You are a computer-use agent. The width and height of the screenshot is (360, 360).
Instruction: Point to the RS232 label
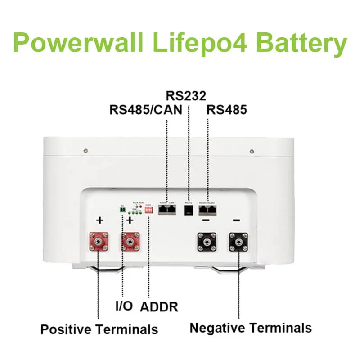pyautogui.click(x=186, y=96)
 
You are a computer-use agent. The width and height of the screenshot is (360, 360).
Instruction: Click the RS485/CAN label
pyautogui.click(x=146, y=110)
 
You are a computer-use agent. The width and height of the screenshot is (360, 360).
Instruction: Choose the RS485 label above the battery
pyautogui.click(x=226, y=110)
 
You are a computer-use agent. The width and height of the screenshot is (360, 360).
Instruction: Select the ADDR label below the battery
pyautogui.click(x=159, y=307)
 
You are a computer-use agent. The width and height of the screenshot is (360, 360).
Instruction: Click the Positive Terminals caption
pyautogui.click(x=99, y=329)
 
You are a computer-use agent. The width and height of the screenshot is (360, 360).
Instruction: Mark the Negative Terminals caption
pyautogui.click(x=251, y=328)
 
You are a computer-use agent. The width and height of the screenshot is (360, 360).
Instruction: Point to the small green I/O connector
pyautogui.click(x=122, y=210)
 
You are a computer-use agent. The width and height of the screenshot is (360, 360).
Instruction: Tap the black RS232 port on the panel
pyautogui.click(x=189, y=211)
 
